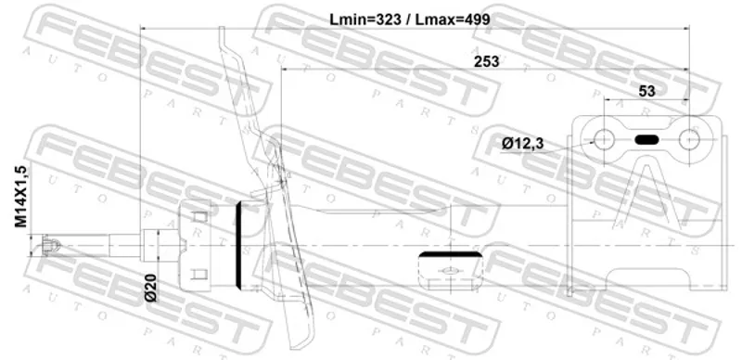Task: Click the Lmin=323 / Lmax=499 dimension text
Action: (x=410, y=19)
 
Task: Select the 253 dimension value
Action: (x=486, y=61)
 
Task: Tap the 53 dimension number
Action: (x=646, y=91)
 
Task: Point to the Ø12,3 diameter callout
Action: (x=522, y=144)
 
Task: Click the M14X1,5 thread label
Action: (x=20, y=196)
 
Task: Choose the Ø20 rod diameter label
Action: (x=151, y=288)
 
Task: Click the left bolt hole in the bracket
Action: (x=604, y=140)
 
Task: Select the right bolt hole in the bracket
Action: (x=689, y=140)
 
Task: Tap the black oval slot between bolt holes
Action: (x=646, y=140)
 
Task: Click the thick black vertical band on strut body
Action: (x=238, y=245)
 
